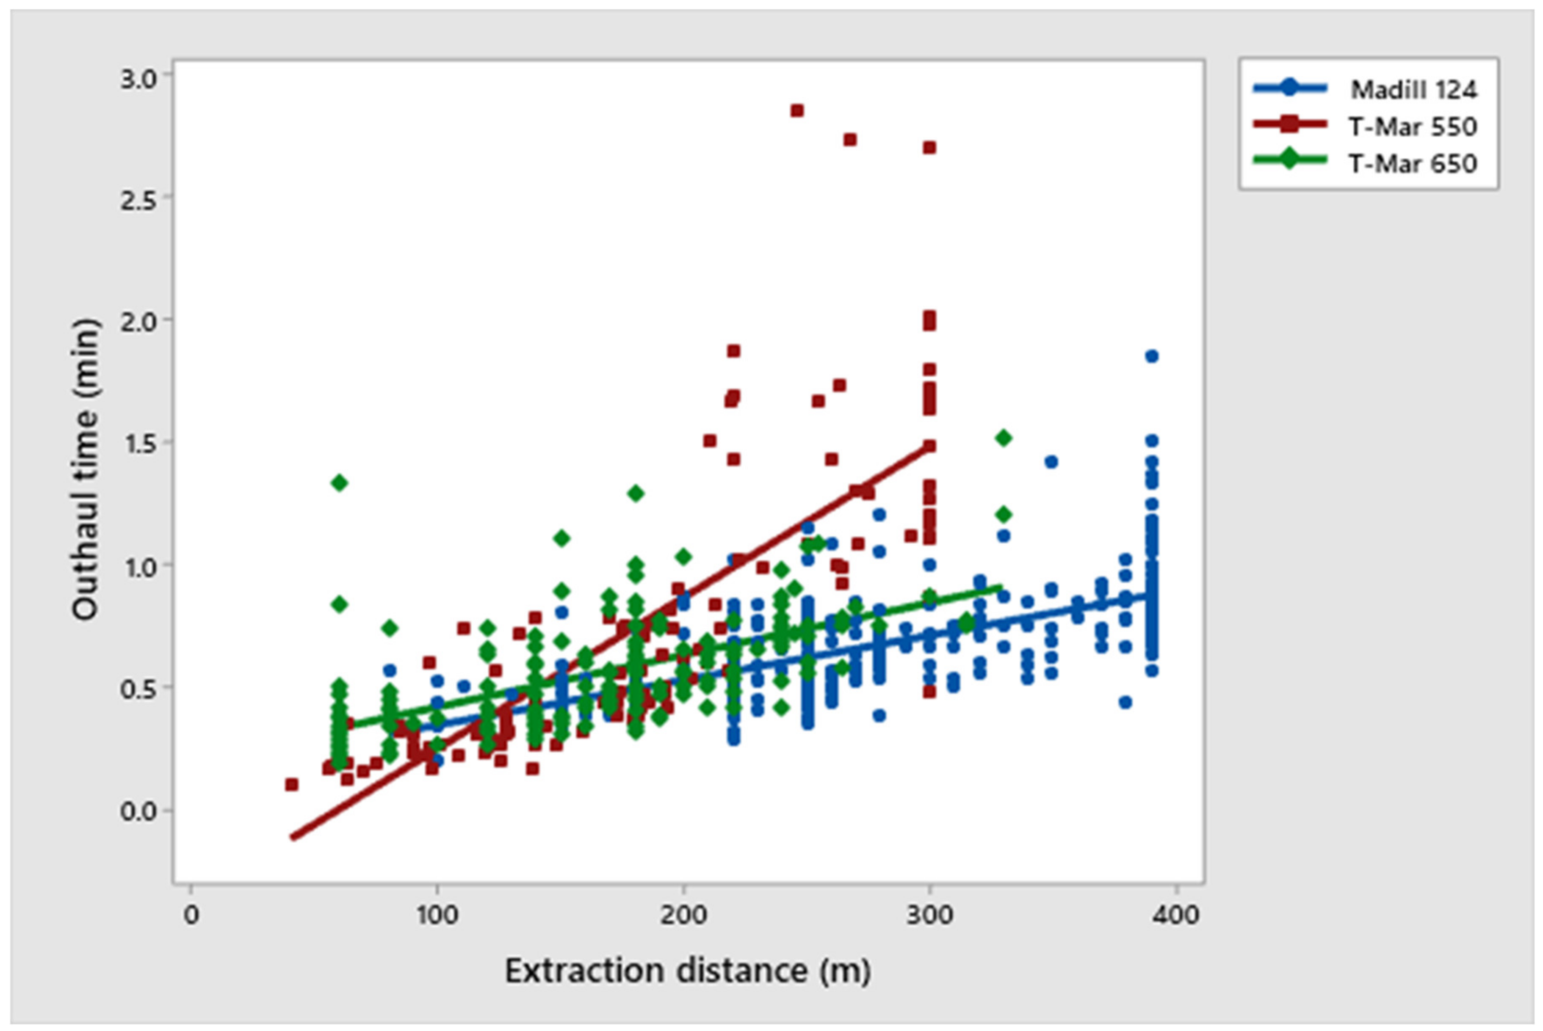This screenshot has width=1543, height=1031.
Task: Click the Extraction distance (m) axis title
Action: [x=687, y=970]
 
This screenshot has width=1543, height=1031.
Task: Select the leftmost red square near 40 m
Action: [x=291, y=784]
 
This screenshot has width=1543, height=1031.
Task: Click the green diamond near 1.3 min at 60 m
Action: [x=339, y=482]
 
